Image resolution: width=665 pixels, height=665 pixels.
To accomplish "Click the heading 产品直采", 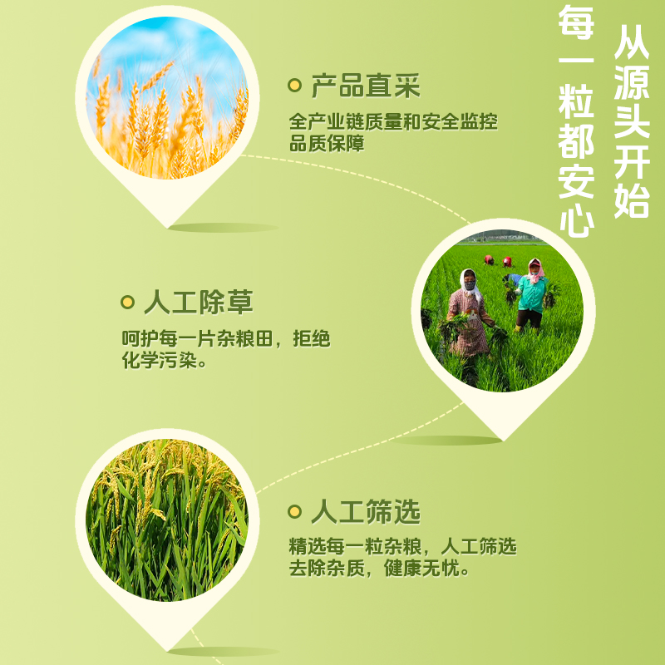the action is click(366, 86).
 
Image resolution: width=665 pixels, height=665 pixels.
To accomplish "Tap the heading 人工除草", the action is click(199, 303).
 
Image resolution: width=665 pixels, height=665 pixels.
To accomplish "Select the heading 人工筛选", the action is click(366, 511).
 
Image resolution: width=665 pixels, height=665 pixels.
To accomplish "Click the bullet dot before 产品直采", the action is click(294, 86).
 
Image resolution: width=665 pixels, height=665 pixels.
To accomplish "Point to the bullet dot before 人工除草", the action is click(127, 303).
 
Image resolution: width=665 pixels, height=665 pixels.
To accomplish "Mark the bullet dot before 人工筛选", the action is click(294, 511).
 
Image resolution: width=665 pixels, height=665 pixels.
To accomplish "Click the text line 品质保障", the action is click(327, 143).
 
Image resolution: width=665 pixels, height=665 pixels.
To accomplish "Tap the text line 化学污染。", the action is click(164, 361).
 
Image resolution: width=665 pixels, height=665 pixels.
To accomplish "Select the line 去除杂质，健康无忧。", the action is click(380, 569).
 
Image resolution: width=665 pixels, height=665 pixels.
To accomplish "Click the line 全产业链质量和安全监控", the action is click(393, 121).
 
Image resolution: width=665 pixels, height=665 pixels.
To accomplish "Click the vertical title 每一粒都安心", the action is click(575, 120).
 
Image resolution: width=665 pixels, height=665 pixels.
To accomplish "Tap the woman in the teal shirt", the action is click(530, 295).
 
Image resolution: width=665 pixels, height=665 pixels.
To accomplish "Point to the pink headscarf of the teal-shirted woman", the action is click(535, 269).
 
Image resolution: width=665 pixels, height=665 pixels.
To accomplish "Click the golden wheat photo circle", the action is click(167, 97).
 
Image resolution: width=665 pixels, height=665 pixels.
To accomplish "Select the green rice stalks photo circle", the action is click(167, 520).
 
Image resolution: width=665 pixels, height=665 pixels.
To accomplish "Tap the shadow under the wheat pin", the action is click(224, 228).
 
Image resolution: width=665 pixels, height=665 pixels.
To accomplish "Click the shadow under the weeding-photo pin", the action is click(447, 441).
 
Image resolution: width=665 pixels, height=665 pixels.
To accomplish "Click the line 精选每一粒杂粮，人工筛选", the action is click(403, 546).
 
